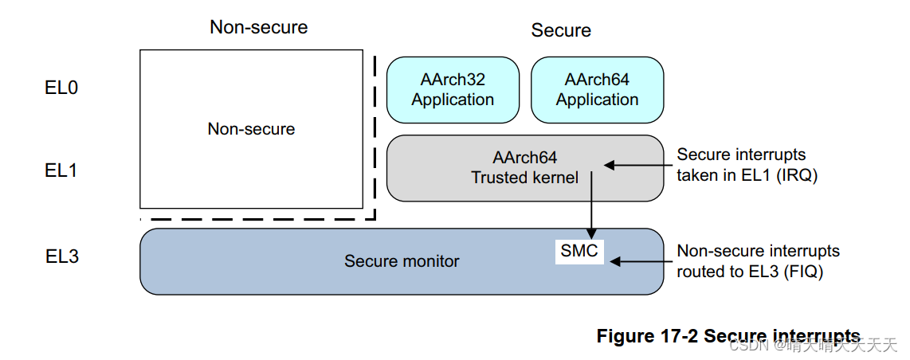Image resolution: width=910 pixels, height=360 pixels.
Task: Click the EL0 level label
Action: click(x=61, y=88)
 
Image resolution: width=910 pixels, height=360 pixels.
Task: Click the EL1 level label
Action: click(x=61, y=170)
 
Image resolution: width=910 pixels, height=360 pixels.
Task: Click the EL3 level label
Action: click(x=62, y=256)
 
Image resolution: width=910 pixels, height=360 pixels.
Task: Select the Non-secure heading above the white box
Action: click(x=258, y=27)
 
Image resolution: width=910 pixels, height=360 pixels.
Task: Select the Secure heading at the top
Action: click(x=561, y=30)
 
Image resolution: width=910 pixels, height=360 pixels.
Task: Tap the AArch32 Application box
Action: click(x=453, y=90)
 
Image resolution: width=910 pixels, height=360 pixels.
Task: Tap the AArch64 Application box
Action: click(x=597, y=90)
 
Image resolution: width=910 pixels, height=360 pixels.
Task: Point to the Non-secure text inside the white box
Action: click(x=251, y=129)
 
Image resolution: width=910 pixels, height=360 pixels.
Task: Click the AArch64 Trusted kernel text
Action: click(x=524, y=168)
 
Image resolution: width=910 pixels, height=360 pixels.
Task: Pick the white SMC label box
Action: click(x=579, y=252)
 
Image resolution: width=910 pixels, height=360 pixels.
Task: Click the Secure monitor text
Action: click(x=402, y=261)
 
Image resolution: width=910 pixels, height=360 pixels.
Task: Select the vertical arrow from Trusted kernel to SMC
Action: click(x=591, y=203)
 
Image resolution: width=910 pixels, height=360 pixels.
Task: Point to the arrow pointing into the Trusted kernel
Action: click(x=637, y=166)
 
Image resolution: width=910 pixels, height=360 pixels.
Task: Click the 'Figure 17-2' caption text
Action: click(x=647, y=336)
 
